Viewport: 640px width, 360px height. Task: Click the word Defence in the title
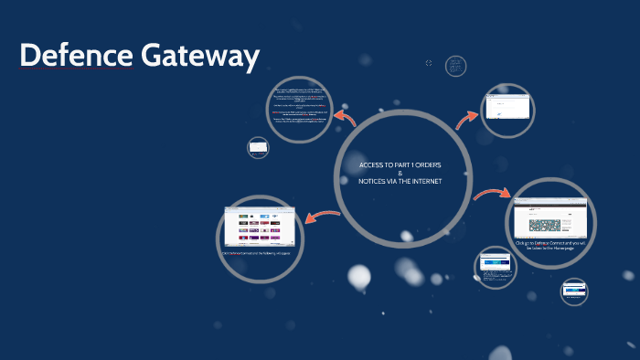coord(76,57)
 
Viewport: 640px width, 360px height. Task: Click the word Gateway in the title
coord(200,57)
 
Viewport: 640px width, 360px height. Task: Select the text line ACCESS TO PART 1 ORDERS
coord(400,164)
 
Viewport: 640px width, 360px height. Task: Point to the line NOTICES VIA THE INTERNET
coord(400,181)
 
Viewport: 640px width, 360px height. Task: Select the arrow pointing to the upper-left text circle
coord(346,119)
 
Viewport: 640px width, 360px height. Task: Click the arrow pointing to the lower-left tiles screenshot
coord(323,217)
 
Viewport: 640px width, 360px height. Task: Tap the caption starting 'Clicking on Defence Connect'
coord(549,248)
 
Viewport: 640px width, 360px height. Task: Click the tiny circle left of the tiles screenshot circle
coord(259,146)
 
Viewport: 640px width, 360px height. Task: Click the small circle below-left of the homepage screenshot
coord(497,266)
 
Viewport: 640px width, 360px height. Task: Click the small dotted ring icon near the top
coord(429,63)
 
